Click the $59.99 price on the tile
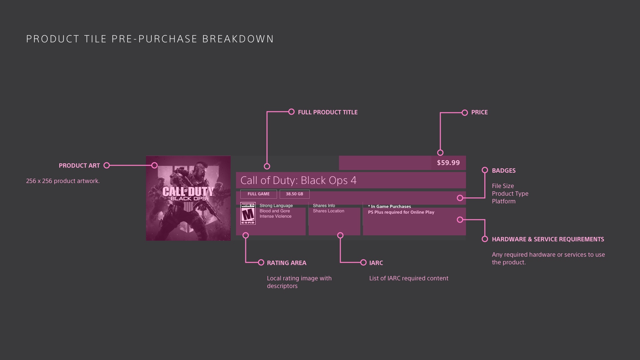click(x=448, y=163)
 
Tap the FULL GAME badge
click(x=259, y=194)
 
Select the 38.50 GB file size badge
click(x=295, y=194)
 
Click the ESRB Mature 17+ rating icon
click(x=248, y=213)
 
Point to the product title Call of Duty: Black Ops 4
click(x=298, y=180)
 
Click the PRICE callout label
click(x=479, y=112)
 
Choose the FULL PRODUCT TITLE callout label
click(x=328, y=112)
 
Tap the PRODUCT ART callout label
click(x=79, y=166)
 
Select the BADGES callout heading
click(x=504, y=171)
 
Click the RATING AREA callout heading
click(x=287, y=263)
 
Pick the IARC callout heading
click(x=376, y=263)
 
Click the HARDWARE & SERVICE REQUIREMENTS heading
click(x=548, y=239)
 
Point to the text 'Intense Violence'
click(x=276, y=216)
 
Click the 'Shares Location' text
click(x=329, y=211)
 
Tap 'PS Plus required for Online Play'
click(x=401, y=212)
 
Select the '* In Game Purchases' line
click(x=389, y=207)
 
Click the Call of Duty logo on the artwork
click(x=188, y=194)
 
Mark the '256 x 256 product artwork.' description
click(x=63, y=181)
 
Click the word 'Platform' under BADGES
click(x=504, y=201)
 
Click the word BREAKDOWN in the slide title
click(x=238, y=39)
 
